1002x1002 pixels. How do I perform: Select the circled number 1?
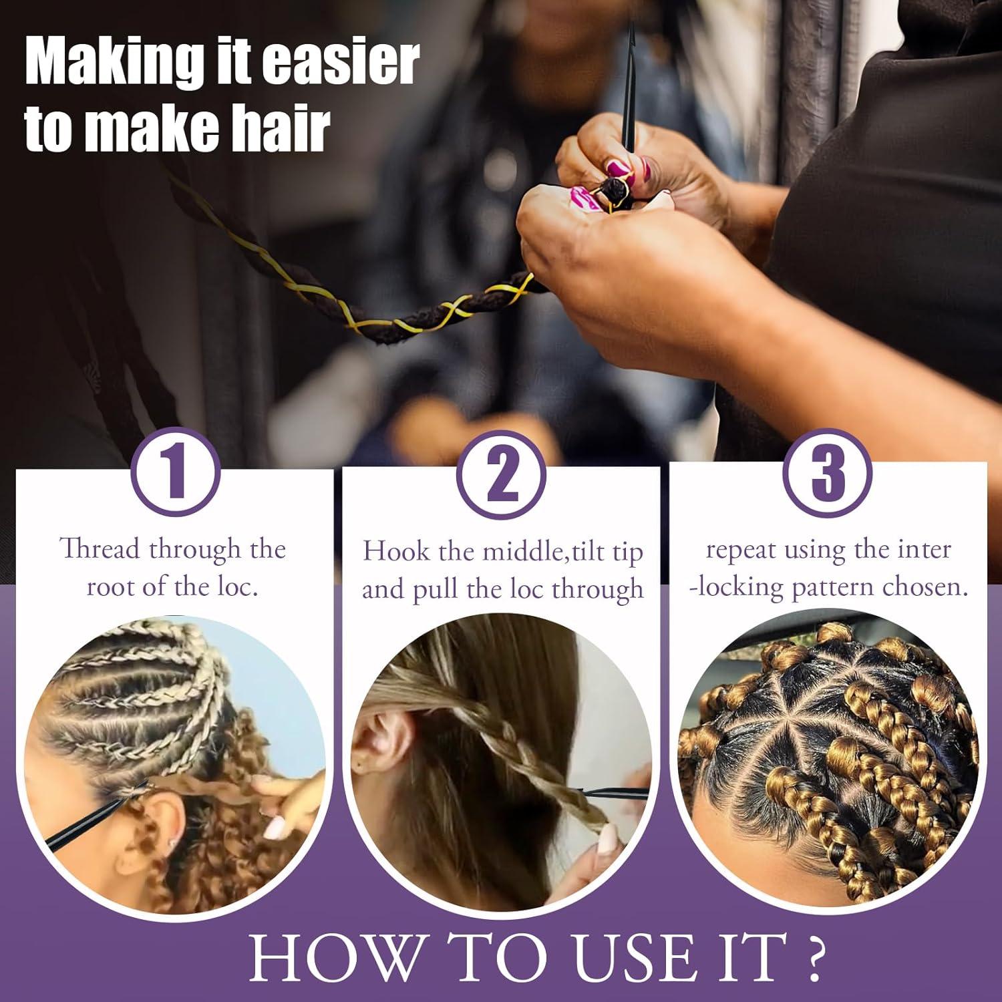tap(175, 472)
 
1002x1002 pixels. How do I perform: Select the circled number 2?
tap(501, 474)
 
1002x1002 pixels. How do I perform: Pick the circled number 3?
tap(827, 472)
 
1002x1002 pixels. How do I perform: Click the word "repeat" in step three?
tap(741, 550)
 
